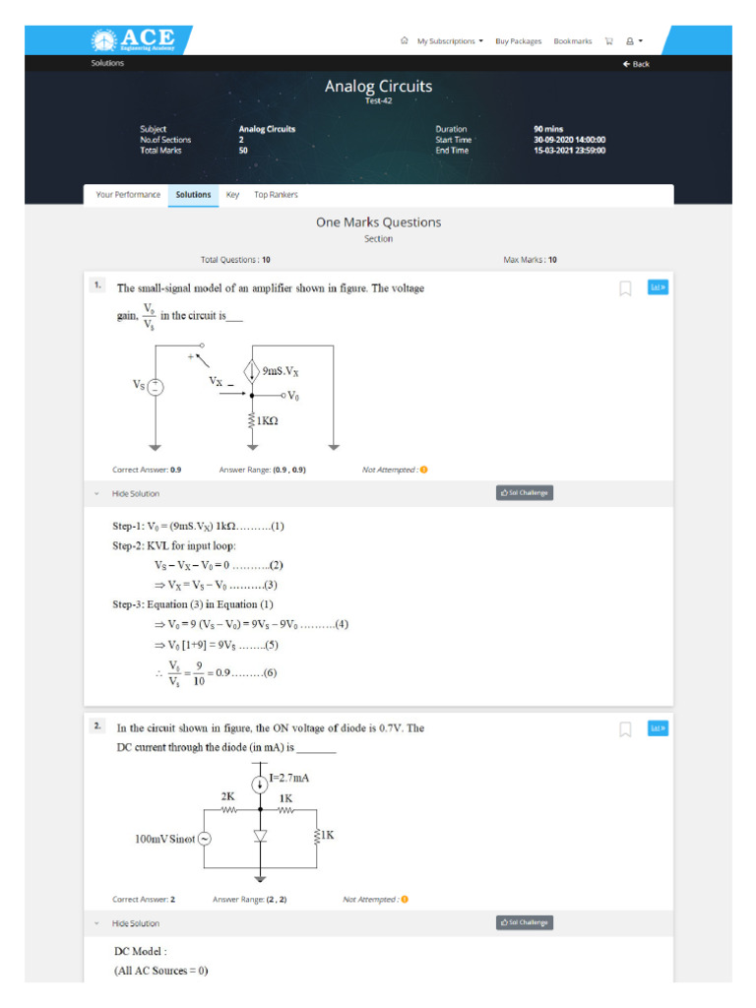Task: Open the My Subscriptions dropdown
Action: tap(449, 41)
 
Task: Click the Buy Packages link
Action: tap(518, 41)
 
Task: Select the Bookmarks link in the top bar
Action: tap(572, 41)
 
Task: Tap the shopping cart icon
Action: tap(608, 41)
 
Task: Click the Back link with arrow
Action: tap(635, 64)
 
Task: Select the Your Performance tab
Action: tap(128, 195)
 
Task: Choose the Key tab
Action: tap(232, 195)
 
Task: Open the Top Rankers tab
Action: tap(276, 195)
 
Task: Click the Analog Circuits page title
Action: tap(378, 87)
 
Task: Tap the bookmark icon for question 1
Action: tap(625, 288)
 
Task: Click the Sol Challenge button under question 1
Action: tap(525, 493)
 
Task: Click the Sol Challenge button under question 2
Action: tap(525, 923)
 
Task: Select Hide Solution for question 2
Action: tap(135, 923)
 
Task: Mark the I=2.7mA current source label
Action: tap(294, 778)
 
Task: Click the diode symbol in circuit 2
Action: tap(260, 836)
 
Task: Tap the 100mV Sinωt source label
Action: tap(164, 840)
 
